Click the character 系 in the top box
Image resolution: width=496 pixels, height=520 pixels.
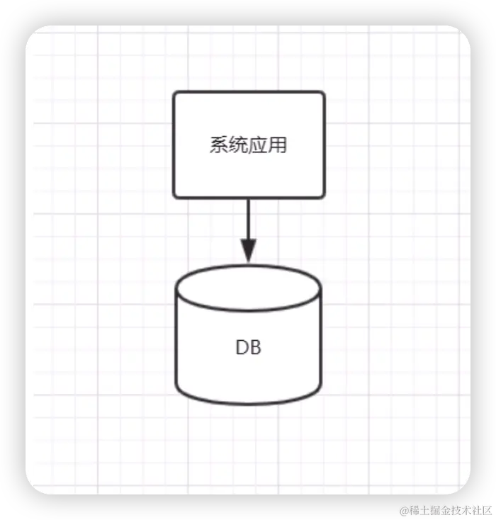pyautogui.click(x=219, y=145)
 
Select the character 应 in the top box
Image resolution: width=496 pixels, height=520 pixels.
pyautogui.click(x=258, y=145)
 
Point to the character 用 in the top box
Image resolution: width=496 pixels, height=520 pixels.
pyautogui.click(x=278, y=145)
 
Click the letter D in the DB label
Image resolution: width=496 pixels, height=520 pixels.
pyautogui.click(x=241, y=348)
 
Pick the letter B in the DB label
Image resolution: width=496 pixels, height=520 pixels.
pyautogui.click(x=255, y=348)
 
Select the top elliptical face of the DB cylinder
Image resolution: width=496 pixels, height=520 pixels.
pyautogui.click(x=248, y=287)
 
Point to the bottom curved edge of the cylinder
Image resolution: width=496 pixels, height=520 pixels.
pyautogui.click(x=248, y=404)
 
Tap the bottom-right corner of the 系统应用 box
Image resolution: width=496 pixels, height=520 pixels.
pyautogui.click(x=323, y=196)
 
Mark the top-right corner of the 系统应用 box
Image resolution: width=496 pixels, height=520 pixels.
pyautogui.click(x=323, y=93)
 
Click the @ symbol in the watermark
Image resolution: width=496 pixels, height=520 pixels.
pyautogui.click(x=402, y=510)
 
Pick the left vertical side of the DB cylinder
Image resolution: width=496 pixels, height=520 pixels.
pyautogui.click(x=176, y=340)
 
